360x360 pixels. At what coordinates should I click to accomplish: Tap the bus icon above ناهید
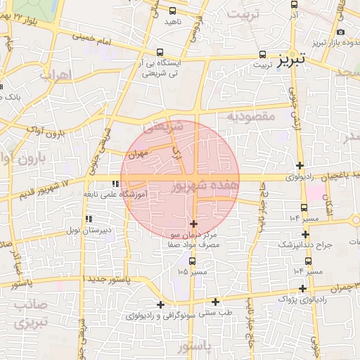point(172,11)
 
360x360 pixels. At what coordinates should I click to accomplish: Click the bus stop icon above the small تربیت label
point(262,53)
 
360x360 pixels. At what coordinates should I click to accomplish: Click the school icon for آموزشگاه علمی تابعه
point(115,184)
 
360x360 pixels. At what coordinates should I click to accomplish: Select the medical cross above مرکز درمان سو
point(194,224)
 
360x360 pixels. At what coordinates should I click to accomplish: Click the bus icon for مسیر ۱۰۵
point(192,261)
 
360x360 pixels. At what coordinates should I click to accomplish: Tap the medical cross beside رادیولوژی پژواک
point(302,288)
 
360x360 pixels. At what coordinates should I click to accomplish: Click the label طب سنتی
point(217,311)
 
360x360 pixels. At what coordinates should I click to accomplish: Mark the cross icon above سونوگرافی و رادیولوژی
point(161,304)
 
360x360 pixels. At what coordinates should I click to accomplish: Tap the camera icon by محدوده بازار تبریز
point(341,32)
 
